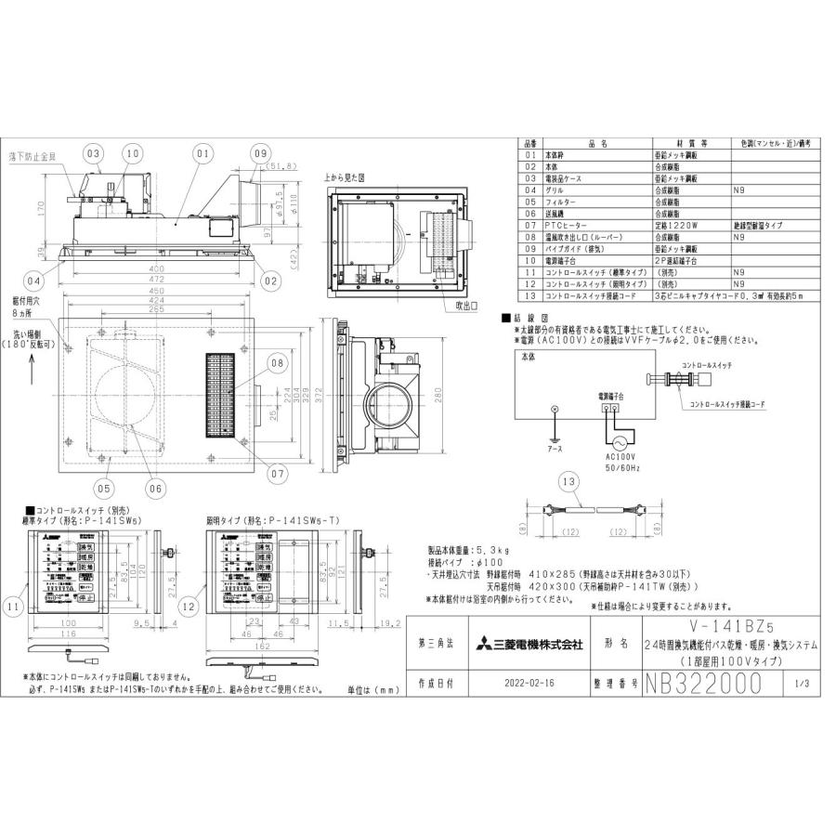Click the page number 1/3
(x=803, y=685)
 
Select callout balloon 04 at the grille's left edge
(x=33, y=279)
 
